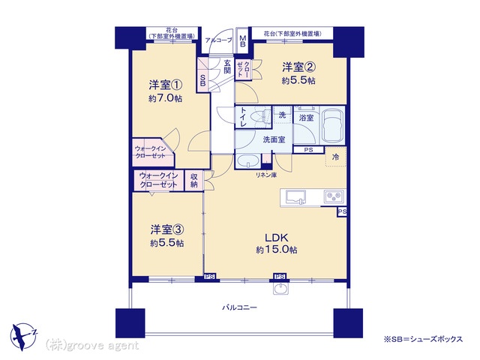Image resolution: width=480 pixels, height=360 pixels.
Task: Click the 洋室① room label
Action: click(166, 85)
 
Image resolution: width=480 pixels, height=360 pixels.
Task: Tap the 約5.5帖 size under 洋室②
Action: click(298, 80)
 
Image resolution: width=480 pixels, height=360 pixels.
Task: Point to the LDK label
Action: click(277, 238)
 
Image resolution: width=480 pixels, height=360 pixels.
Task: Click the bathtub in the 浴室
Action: click(331, 125)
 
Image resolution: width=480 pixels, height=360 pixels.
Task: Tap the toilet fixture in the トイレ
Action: click(260, 117)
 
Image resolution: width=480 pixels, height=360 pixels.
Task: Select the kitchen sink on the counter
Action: click(295, 196)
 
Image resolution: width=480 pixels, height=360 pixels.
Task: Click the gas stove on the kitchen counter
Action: click(334, 196)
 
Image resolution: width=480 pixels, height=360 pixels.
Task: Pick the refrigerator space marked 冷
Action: click(335, 157)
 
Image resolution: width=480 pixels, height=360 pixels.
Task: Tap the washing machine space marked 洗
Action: click(282, 115)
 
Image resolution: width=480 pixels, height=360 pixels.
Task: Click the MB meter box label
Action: click(243, 40)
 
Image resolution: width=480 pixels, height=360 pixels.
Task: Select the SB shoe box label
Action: click(202, 80)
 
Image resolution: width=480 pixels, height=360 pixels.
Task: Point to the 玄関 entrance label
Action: click(226, 67)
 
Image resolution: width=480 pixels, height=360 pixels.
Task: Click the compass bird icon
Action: click(23, 336)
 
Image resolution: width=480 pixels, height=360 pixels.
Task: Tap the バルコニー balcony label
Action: click(239, 307)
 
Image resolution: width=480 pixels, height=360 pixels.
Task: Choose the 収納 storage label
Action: click(193, 180)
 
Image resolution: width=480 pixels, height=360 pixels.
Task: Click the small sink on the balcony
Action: click(280, 288)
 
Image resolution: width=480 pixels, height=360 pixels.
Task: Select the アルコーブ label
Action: click(218, 40)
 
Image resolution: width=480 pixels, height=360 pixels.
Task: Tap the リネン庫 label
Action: click(267, 175)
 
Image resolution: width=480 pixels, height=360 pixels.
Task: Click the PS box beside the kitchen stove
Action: click(342, 211)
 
